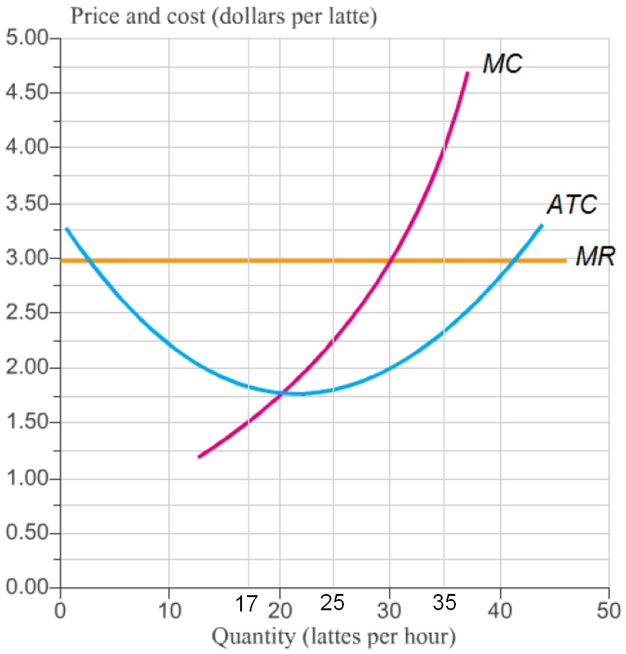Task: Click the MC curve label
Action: (502, 64)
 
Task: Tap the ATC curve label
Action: (572, 204)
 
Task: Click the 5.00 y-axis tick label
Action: (26, 38)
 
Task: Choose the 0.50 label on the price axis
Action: (26, 533)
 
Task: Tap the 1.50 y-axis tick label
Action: (26, 423)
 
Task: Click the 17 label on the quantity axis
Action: (246, 605)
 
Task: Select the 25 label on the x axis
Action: (333, 603)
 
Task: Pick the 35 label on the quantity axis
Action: (445, 603)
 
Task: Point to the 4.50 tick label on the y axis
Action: (26, 93)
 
